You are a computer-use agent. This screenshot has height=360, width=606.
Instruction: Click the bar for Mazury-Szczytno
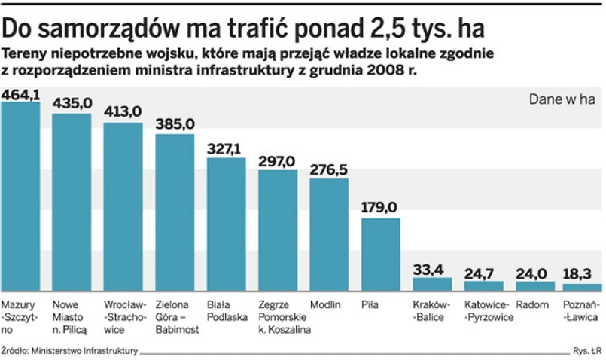click(x=20, y=196)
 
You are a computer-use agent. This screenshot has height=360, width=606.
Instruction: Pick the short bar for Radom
click(x=535, y=286)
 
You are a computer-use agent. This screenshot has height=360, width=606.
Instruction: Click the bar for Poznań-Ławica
click(x=583, y=287)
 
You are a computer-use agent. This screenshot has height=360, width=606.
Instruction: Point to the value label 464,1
click(x=21, y=95)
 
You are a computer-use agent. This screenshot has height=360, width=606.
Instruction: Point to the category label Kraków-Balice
click(x=431, y=311)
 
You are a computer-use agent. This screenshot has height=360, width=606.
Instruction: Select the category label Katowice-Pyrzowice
click(x=489, y=311)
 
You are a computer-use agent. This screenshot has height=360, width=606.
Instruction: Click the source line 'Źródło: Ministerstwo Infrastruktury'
click(x=69, y=350)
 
